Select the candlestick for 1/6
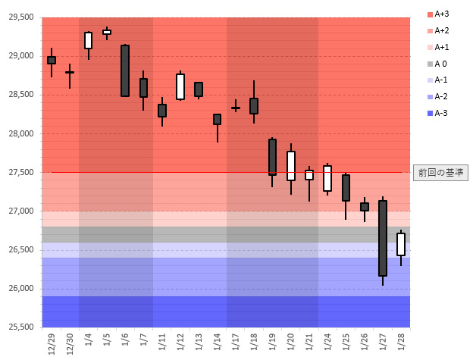[125, 70]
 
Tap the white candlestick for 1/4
[88, 40]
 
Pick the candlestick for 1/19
[272, 157]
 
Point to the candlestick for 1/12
[180, 86]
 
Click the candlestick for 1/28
[401, 244]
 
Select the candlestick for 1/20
[290, 165]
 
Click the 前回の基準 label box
[440, 173]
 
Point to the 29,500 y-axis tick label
[20, 17]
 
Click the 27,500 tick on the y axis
[20, 173]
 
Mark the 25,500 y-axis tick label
[20, 327]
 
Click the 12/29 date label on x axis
[52, 343]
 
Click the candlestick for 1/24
[327, 178]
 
